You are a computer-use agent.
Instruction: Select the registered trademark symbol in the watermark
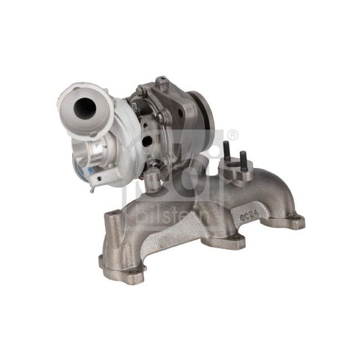(x=233, y=135)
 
